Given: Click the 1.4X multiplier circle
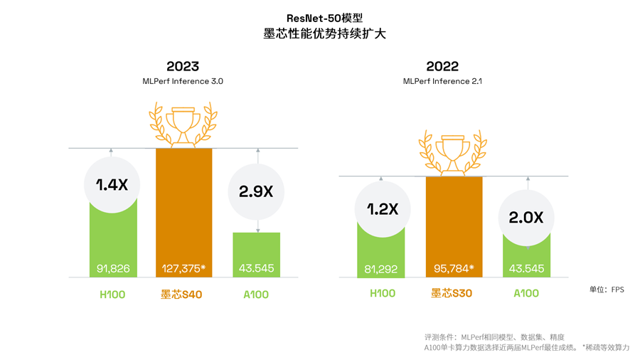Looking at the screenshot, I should (112, 185).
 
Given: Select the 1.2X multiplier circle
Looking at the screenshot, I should (382, 209).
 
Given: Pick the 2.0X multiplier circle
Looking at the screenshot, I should (526, 218).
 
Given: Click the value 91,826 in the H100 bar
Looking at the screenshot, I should (113, 269).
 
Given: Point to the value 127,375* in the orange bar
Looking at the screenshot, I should (183, 269).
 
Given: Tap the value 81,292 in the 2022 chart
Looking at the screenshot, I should (381, 269).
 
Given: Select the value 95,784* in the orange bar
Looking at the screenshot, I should (454, 269).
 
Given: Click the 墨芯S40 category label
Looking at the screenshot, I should (182, 294).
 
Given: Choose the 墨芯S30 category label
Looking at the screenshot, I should (452, 293).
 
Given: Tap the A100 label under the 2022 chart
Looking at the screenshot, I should (526, 293).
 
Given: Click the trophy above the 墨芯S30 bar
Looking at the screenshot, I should (453, 151).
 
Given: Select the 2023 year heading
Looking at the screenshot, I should (183, 67).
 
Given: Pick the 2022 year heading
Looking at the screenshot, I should (442, 67).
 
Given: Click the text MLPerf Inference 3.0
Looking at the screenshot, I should (183, 82).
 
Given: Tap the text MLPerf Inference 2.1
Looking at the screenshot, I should (442, 82).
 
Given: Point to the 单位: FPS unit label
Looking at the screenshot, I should (606, 290).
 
